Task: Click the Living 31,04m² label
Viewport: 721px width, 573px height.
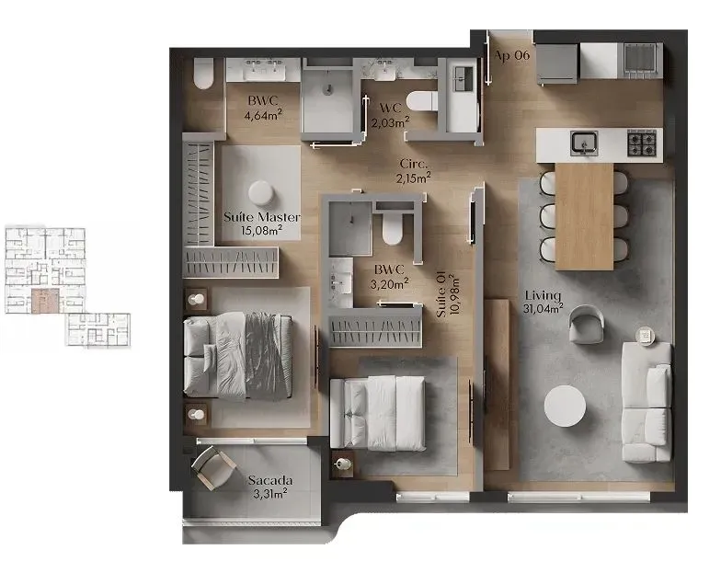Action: pyautogui.click(x=544, y=301)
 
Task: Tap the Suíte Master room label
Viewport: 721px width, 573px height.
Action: pyautogui.click(x=261, y=223)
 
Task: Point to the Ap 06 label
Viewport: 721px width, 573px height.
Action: pyautogui.click(x=512, y=55)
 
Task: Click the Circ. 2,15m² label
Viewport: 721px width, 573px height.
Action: pyautogui.click(x=414, y=170)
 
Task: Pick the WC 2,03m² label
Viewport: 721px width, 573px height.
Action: pyautogui.click(x=390, y=115)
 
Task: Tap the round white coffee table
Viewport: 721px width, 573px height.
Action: pyautogui.click(x=564, y=406)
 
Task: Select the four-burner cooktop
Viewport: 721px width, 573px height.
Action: pyautogui.click(x=642, y=143)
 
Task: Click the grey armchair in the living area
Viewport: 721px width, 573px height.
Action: pyautogui.click(x=586, y=325)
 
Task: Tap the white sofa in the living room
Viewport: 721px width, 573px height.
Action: pyautogui.click(x=647, y=401)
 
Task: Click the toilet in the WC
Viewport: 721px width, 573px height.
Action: pyautogui.click(x=422, y=101)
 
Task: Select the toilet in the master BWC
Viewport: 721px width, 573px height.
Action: pyautogui.click(x=203, y=74)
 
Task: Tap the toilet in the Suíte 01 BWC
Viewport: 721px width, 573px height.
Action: pyautogui.click(x=394, y=227)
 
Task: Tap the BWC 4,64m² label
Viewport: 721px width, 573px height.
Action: pyautogui.click(x=263, y=108)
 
